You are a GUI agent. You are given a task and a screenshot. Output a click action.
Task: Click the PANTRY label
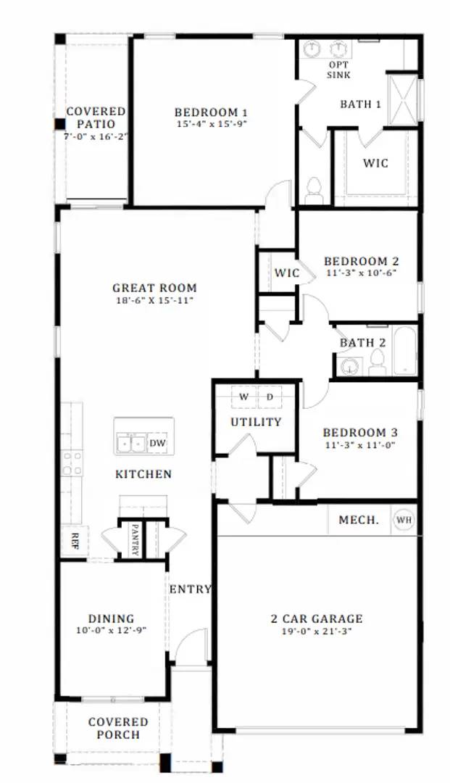[135, 540]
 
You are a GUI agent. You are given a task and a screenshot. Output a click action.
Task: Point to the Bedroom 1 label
[212, 112]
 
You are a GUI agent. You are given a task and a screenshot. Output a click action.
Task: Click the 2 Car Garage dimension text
[316, 631]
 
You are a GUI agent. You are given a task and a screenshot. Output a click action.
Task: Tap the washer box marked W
[244, 397]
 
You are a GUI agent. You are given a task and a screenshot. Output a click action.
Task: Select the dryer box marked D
[270, 397]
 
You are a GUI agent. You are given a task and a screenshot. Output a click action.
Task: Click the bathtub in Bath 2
[404, 352]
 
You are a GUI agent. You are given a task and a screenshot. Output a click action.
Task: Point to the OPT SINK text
[339, 70]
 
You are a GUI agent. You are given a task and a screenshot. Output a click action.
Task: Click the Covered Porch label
[118, 728]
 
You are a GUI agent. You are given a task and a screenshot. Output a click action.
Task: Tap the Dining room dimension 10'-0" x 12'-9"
[112, 631]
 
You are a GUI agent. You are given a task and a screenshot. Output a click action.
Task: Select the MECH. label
[359, 520]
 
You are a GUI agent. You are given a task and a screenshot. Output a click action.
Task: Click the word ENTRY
[190, 589]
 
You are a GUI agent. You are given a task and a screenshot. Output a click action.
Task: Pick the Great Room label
[154, 288]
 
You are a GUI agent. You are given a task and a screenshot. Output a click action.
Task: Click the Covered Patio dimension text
[96, 136]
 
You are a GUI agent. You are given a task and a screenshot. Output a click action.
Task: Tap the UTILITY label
[256, 422]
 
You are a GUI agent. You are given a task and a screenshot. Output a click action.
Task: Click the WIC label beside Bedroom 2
[287, 273]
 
